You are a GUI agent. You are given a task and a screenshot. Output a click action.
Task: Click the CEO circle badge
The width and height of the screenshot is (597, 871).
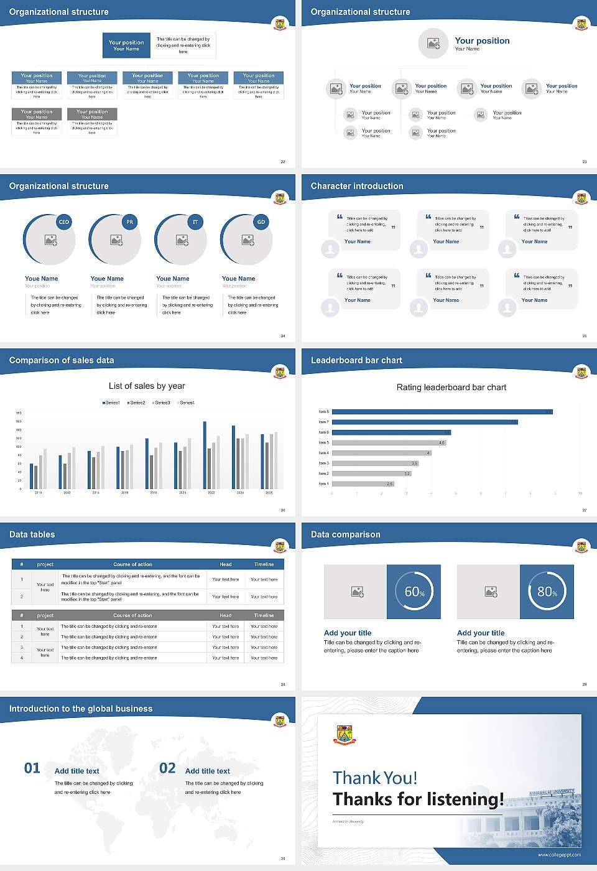(x=64, y=222)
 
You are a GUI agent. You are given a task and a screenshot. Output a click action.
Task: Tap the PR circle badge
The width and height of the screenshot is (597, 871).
(x=129, y=222)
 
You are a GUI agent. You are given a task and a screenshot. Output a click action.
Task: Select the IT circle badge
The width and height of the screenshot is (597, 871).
(x=195, y=222)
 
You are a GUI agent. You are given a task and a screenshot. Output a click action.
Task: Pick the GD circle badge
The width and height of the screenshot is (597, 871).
(x=261, y=222)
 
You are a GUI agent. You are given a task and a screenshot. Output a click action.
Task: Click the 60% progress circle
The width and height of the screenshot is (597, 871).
(x=414, y=592)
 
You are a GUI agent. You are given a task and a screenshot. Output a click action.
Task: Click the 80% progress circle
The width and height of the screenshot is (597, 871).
(x=547, y=592)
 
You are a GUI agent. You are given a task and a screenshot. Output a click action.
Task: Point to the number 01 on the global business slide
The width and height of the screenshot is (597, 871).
(x=32, y=768)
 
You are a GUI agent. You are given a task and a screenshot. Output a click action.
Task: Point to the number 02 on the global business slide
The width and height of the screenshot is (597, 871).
(x=167, y=768)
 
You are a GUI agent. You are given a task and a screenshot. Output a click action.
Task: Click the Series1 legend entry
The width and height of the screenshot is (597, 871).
(x=111, y=403)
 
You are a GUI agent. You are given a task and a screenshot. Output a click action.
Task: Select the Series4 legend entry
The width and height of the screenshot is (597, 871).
(x=186, y=403)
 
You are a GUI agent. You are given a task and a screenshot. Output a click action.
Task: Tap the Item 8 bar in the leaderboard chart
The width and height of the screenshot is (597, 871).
(x=442, y=412)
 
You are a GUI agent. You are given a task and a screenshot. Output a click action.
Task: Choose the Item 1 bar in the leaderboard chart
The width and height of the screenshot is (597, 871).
(x=363, y=483)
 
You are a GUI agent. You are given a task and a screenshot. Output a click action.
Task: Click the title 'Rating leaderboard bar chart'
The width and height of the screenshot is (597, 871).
(x=451, y=387)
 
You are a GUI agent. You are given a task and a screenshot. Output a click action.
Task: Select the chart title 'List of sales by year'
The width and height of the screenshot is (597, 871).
(x=147, y=386)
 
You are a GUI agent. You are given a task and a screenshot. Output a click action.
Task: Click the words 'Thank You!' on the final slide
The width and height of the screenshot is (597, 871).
(x=374, y=778)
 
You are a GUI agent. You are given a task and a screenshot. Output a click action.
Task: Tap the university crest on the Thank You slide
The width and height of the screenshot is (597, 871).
(x=344, y=735)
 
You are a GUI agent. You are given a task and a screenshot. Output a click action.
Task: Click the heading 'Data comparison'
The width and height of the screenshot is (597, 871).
(x=345, y=534)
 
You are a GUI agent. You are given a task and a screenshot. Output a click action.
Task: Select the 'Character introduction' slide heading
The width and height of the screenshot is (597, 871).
(x=357, y=186)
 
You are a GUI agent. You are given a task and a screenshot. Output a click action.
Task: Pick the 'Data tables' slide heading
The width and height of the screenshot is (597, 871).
(x=32, y=534)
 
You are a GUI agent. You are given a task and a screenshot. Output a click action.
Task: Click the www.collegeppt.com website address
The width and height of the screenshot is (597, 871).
(x=559, y=855)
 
